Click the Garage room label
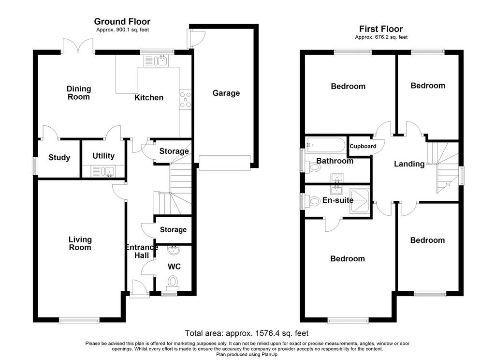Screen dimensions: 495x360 (x=226, y=93)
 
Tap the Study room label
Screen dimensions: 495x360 (x=59, y=157)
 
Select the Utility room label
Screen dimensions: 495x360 (x=103, y=156)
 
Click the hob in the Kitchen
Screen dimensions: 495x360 (x=185, y=100)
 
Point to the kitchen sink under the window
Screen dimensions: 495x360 (x=156, y=60)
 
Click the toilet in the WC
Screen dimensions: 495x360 (x=173, y=282)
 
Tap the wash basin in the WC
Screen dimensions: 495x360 (x=174, y=250)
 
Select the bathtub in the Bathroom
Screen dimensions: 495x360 (x=325, y=145)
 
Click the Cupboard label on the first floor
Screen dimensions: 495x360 (x=363, y=146)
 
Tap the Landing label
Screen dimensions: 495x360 (x=409, y=164)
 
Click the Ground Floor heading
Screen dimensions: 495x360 (x=122, y=21)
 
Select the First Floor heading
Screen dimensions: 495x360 (x=381, y=29)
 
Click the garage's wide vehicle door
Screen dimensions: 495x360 (x=224, y=163)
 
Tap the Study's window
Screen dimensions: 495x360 (x=35, y=166)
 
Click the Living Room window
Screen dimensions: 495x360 (x=79, y=320)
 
